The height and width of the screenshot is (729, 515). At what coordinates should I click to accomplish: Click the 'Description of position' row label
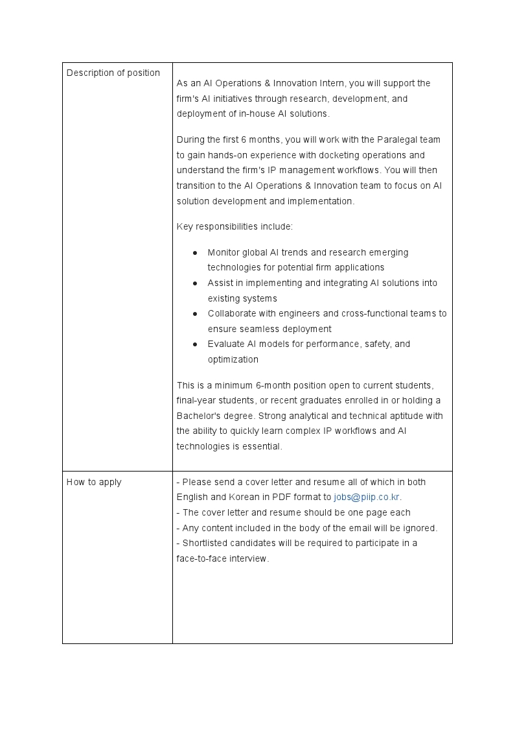(x=113, y=73)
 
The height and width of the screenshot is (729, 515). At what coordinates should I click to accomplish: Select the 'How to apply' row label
(x=94, y=482)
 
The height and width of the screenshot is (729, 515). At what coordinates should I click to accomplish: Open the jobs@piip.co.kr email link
(x=367, y=497)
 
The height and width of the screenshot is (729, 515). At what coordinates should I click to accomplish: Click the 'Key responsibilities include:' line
(x=235, y=226)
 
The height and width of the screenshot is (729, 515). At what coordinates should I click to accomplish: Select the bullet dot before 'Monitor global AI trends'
(x=195, y=252)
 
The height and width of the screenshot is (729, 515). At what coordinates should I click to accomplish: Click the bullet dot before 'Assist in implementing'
(x=195, y=283)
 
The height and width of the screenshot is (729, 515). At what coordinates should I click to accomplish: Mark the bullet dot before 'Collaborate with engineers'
(x=195, y=313)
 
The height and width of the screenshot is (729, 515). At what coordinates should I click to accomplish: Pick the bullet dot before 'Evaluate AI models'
(x=195, y=344)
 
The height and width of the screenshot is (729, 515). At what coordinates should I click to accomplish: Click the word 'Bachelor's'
(x=198, y=416)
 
